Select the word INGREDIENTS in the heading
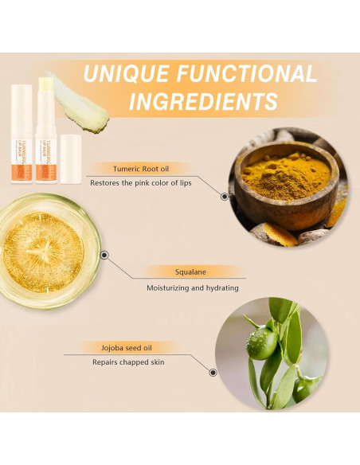(x=203, y=102)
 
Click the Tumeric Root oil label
(x=142, y=169)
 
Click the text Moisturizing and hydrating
(x=192, y=287)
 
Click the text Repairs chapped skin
(x=127, y=362)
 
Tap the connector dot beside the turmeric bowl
(x=225, y=195)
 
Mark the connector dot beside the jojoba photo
(x=213, y=371)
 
